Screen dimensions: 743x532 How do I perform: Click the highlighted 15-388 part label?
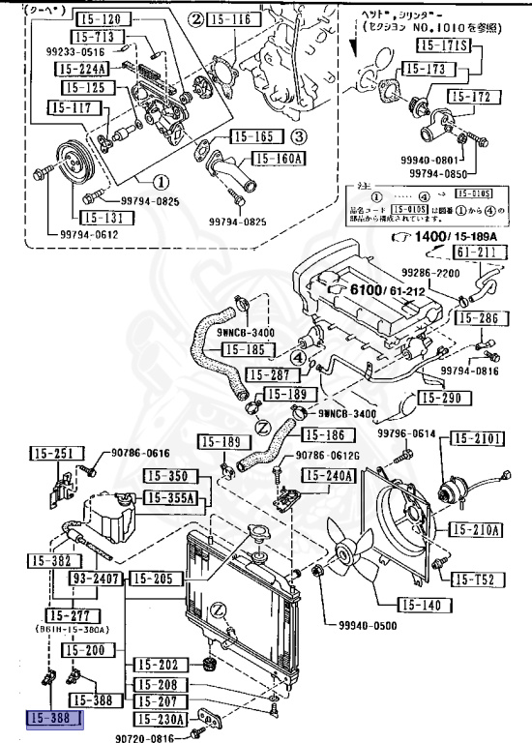click(54, 719)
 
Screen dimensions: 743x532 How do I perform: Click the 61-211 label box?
click(474, 253)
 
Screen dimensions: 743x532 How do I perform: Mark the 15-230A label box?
click(159, 719)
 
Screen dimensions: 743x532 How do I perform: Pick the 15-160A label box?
click(280, 159)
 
